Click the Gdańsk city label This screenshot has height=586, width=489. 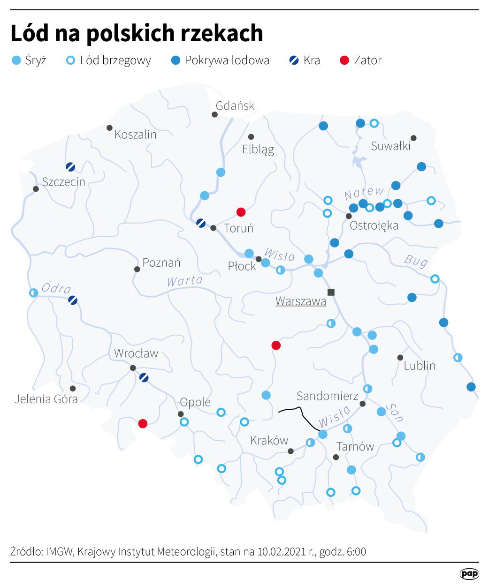(235, 106)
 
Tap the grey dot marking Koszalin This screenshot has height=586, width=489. (109, 128)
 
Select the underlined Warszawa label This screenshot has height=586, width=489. (301, 301)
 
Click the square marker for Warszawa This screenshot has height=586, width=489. (331, 292)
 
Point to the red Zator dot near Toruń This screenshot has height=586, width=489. (241, 212)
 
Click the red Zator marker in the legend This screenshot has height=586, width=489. (344, 60)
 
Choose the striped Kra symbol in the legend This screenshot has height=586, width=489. (294, 60)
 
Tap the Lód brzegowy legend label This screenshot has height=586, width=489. (115, 60)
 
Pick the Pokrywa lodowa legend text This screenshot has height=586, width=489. (227, 60)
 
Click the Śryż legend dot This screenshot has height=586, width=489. (16, 60)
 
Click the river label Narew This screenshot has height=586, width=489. (364, 193)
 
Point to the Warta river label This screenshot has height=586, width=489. (185, 281)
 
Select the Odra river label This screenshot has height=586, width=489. (56, 288)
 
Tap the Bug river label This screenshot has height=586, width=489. (416, 261)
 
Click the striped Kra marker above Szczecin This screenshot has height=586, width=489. (70, 166)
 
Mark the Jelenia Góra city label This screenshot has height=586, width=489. (46, 399)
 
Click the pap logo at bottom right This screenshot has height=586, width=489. (469, 574)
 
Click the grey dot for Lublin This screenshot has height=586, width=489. (400, 358)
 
